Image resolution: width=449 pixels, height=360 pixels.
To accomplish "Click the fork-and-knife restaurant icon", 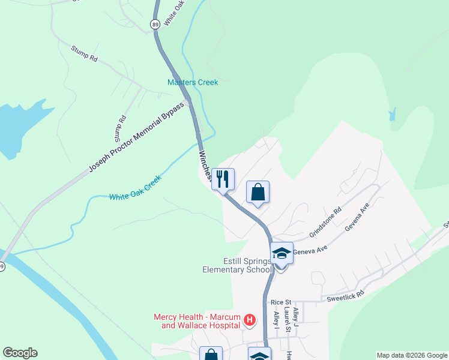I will [223, 179].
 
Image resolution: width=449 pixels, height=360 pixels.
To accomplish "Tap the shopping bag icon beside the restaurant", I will [258, 192].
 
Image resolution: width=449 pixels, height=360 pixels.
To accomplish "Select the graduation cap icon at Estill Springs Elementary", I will [281, 253].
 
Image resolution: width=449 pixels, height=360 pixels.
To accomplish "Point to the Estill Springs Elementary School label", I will [237, 266].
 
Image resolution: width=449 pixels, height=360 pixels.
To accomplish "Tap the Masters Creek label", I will [193, 82].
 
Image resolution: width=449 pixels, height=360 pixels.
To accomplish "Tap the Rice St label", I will [280, 302].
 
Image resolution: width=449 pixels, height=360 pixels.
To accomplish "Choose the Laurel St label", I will [288, 320].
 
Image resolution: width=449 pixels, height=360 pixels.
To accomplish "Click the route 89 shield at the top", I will [155, 24].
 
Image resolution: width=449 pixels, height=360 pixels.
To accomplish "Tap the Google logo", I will [20, 353].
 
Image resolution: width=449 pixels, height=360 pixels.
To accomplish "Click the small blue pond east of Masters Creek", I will [393, 114].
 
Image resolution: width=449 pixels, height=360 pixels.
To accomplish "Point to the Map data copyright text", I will [412, 355].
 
